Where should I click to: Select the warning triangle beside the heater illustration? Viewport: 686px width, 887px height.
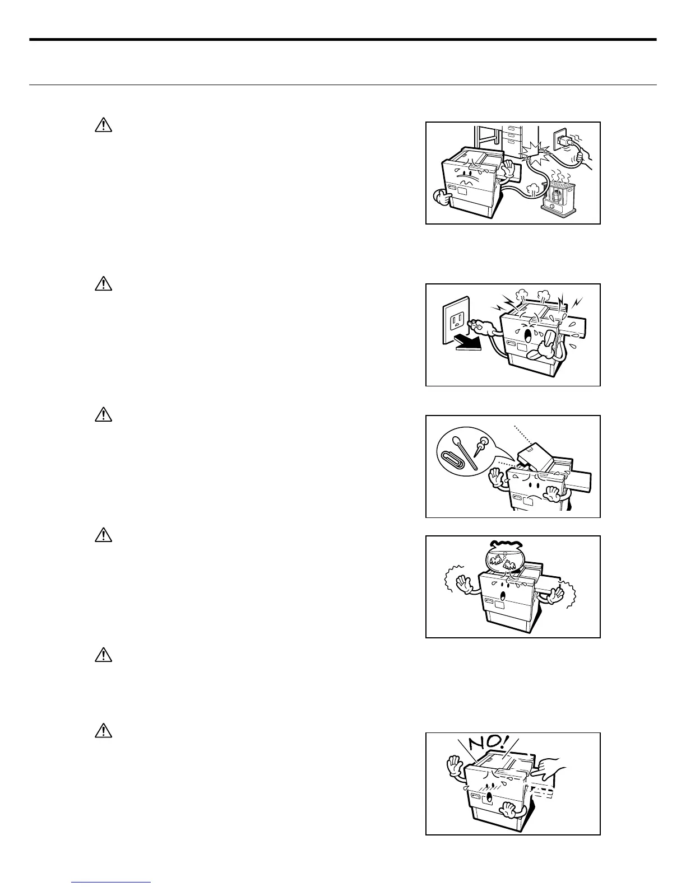tap(104, 125)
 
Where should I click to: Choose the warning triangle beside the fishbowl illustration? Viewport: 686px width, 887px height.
tap(104, 535)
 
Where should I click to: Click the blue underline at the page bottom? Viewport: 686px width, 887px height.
tap(112, 883)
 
